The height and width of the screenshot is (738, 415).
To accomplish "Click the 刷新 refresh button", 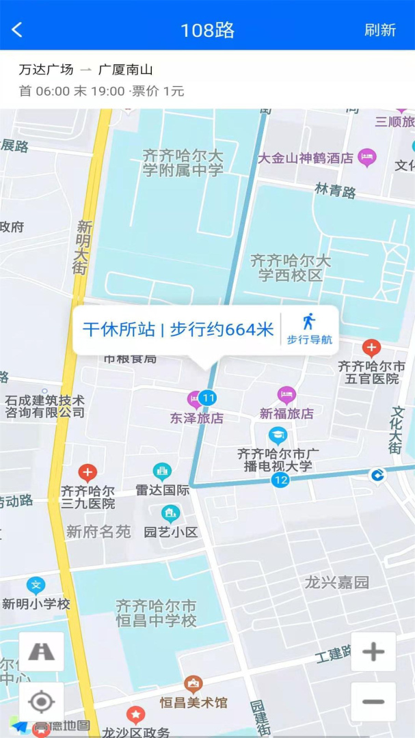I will point(380,29).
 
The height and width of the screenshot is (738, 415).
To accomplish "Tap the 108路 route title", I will point(207,30).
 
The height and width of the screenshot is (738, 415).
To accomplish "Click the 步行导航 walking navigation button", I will point(310,329).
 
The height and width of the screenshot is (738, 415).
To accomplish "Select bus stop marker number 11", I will point(208,398).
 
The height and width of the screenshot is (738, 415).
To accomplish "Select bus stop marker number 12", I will point(280,480).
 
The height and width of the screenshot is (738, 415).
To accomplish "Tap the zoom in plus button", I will point(373,651).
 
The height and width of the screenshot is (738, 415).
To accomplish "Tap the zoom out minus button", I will point(373,702).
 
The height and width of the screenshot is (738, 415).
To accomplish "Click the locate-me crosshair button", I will point(42,702).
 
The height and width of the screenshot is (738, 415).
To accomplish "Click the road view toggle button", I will point(42,651).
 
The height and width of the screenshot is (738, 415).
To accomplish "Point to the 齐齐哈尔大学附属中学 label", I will point(183,163).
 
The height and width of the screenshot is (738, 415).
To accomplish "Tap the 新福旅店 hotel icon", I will point(286,395).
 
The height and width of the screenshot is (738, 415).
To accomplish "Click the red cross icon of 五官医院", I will point(371,348).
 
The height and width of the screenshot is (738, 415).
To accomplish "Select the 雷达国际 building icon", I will point(162,471).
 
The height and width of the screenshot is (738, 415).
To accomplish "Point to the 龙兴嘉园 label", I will point(337,582).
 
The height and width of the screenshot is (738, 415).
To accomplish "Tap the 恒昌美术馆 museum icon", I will point(193,684).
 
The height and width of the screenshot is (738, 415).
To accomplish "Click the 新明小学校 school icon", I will point(36,586).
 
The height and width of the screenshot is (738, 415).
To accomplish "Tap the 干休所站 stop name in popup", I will point(118,329).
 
